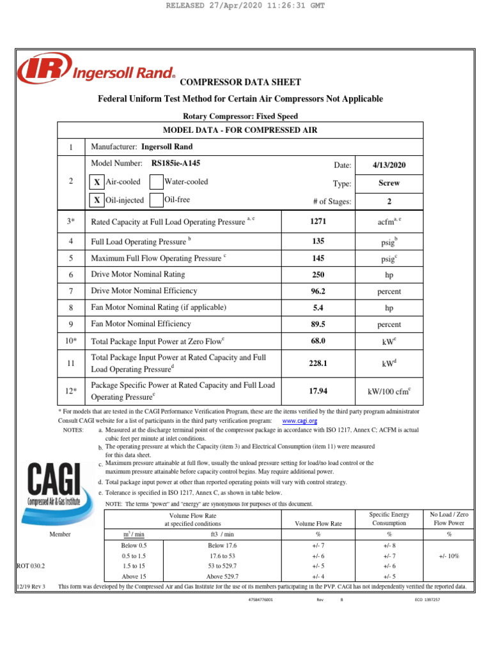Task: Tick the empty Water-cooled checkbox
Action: (x=156, y=182)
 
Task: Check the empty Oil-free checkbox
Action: (x=156, y=200)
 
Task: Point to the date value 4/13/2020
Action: (x=389, y=165)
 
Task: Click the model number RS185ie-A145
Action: (x=176, y=163)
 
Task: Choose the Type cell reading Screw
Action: (x=389, y=183)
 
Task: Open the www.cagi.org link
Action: (x=300, y=422)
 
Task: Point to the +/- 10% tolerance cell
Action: (x=449, y=556)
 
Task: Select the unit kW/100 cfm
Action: (x=389, y=391)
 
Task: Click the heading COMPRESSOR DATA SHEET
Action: (x=240, y=82)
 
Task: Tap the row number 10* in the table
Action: (x=71, y=341)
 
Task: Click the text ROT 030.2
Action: (x=30, y=566)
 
